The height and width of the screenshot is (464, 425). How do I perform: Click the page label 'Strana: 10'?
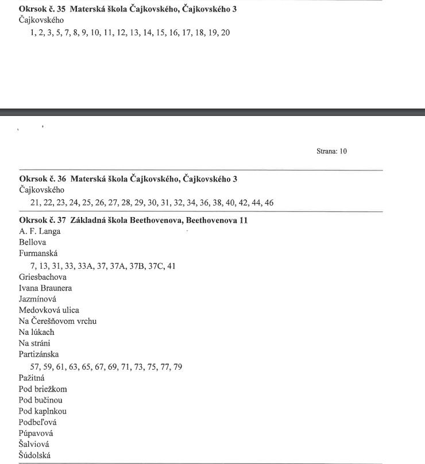[331, 152]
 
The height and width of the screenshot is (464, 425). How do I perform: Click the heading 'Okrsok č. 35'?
[43, 9]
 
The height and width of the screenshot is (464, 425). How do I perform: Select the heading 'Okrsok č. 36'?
[43, 179]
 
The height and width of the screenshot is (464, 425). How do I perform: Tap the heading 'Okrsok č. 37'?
[43, 221]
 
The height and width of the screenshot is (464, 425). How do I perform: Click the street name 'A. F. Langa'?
[40, 231]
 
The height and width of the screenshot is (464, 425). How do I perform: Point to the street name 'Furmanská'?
[38, 253]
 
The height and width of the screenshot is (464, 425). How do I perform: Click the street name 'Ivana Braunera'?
[45, 288]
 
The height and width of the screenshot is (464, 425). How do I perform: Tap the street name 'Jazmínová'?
[37, 299]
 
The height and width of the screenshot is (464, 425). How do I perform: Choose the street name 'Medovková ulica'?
[49, 310]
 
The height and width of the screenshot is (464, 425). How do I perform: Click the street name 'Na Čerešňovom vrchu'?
[57, 321]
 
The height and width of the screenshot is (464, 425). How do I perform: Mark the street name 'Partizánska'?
[38, 354]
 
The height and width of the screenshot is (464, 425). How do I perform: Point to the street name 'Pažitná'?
[32, 378]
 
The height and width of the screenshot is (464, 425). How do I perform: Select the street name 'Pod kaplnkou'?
[42, 411]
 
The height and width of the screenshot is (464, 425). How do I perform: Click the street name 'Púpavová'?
[36, 434]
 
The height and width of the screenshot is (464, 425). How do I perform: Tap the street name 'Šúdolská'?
[35, 455]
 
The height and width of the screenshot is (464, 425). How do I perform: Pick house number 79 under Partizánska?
[177, 367]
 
